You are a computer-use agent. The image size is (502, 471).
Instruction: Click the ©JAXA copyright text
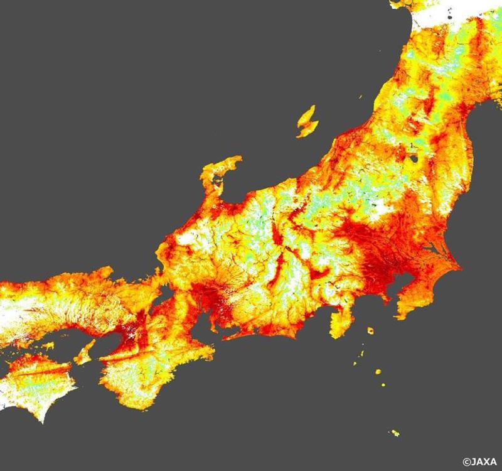coord(481,462)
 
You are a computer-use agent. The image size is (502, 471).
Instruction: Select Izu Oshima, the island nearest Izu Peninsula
coord(370,330)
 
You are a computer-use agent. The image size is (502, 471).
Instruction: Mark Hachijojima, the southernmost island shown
coord(395,433)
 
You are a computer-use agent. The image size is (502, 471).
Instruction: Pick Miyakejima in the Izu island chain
coord(378,372)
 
